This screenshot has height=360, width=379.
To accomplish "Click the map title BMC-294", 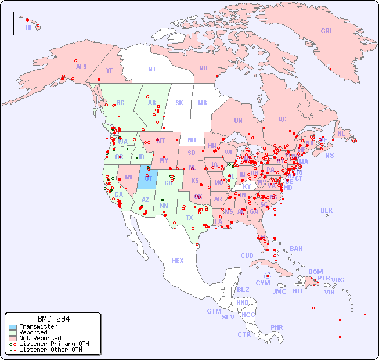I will (53, 319).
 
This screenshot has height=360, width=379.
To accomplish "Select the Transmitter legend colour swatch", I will (12, 327).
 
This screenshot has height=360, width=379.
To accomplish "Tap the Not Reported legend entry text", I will (39, 338).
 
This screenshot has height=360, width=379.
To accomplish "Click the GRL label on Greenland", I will (327, 31).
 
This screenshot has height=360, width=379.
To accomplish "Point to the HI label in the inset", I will (28, 27).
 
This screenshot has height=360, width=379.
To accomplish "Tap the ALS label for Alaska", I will (81, 67).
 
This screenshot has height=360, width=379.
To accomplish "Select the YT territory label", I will (109, 70).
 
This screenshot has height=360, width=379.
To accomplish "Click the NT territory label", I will (151, 69).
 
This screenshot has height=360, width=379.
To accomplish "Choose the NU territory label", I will (203, 68).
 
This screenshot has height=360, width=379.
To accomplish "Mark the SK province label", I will (179, 103).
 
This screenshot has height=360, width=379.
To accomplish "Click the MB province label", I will (202, 103).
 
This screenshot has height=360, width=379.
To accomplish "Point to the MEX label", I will (178, 261).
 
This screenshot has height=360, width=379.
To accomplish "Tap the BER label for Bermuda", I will (326, 210).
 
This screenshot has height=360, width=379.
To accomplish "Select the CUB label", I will (247, 255).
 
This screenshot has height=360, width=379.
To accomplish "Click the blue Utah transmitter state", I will (146, 177).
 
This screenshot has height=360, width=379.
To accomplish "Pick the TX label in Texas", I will (189, 218).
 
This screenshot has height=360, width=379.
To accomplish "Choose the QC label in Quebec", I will (282, 119).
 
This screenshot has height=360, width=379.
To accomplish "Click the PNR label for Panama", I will (277, 327).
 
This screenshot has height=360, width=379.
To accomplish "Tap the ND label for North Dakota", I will (192, 140).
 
